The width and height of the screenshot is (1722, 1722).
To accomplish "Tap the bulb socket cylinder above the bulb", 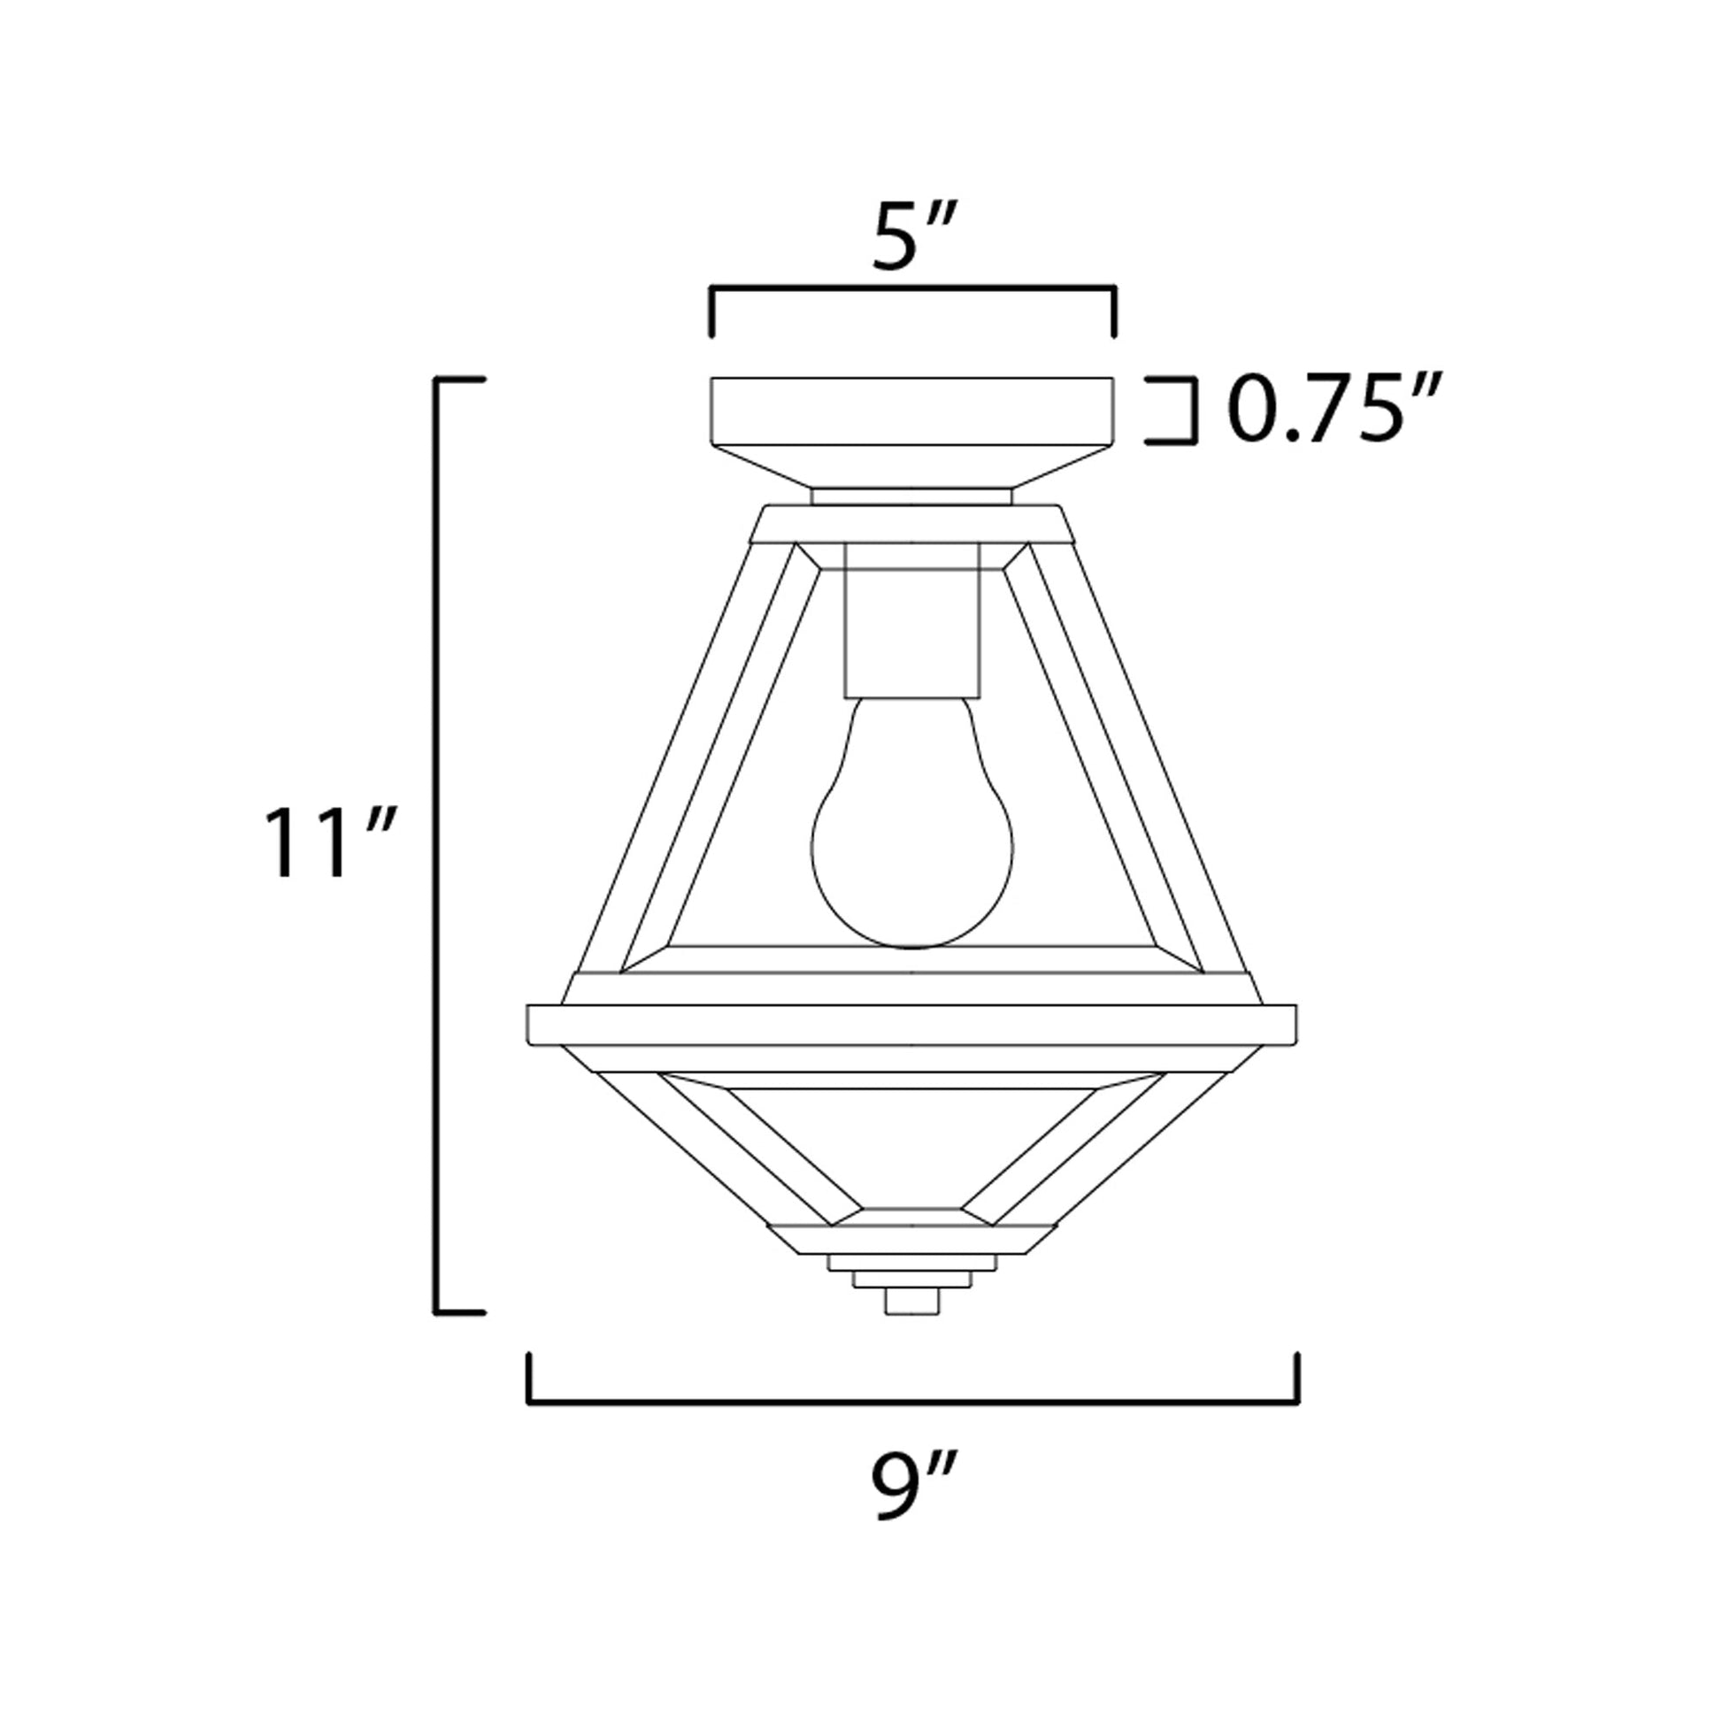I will tap(911, 628).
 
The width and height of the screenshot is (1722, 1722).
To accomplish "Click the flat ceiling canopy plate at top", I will tap(911, 411).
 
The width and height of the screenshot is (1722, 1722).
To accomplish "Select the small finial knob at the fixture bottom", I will tap(911, 1326).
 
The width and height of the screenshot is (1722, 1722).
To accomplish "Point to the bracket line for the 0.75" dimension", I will tap(1193, 411).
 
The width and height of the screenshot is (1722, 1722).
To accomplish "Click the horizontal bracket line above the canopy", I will tap(911, 288).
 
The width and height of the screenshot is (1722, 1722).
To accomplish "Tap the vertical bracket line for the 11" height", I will tap(437, 843).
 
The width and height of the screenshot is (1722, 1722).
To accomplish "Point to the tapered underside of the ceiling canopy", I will tap(911, 465).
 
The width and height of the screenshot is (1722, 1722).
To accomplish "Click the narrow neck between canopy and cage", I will tap(911, 496).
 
